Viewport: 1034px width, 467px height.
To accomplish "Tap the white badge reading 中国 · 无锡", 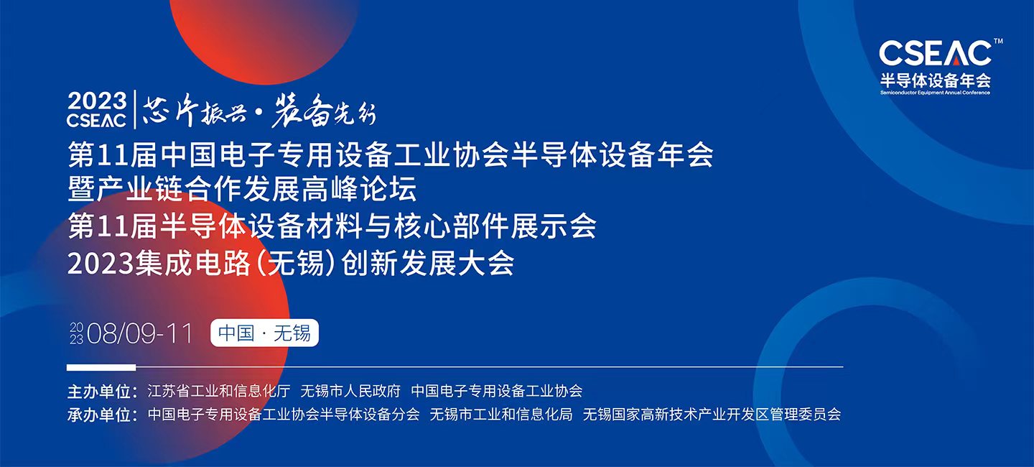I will pyautogui.click(x=264, y=333).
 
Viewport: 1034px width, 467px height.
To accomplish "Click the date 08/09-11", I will pyautogui.click(x=139, y=333).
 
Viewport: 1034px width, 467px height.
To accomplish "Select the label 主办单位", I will pyautogui.click(x=101, y=392).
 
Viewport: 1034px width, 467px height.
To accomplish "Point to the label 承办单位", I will pyautogui.click(x=101, y=415).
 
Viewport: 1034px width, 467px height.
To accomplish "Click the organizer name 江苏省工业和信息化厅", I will pyautogui.click(x=218, y=392).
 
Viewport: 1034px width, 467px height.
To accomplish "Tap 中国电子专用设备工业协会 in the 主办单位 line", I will pyautogui.click(x=496, y=392).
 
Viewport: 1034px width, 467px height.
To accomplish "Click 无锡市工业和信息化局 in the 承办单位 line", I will pyautogui.click(x=500, y=415).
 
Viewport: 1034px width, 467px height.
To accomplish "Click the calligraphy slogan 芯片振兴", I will pyautogui.click(x=185, y=112).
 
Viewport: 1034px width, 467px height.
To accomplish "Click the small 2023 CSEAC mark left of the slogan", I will pyautogui.click(x=97, y=110).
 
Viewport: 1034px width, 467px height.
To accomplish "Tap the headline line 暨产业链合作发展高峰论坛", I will pyautogui.click(x=242, y=190).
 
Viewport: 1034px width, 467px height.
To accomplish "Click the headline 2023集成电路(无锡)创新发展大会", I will pyautogui.click(x=291, y=264).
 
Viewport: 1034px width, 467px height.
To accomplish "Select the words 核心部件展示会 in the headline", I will pyautogui.click(x=511, y=227).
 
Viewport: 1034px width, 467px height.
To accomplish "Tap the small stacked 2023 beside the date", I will pyautogui.click(x=76, y=333).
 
